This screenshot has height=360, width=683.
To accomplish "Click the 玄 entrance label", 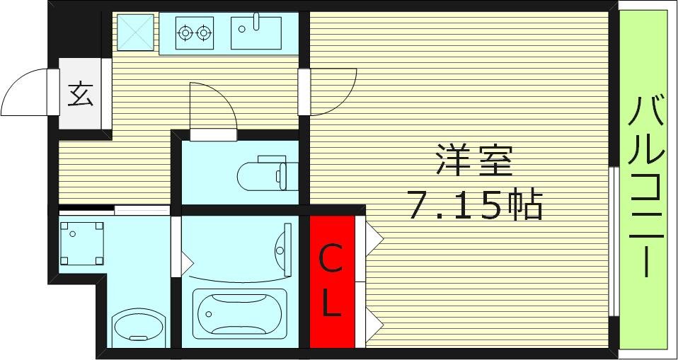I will coord(81,95).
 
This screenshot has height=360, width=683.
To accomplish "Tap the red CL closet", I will coord(331,281).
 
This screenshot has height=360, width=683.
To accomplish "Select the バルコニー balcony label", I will coord(645,187).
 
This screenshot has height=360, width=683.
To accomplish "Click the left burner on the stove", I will coord(186,32).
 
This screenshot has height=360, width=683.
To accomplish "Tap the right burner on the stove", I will coord(205,32).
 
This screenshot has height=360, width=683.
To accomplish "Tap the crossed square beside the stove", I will coord(135,32).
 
